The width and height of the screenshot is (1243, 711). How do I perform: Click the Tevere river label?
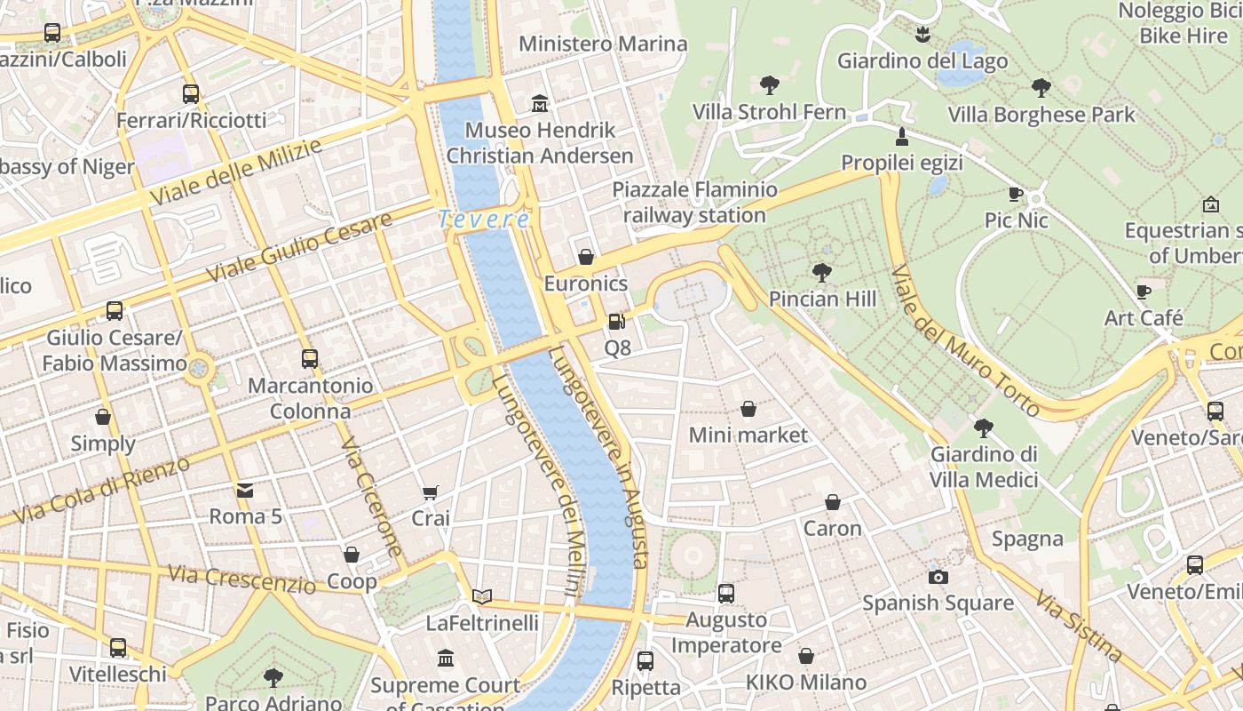tap(484, 219)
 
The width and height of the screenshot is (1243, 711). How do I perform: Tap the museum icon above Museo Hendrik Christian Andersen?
tap(539, 104)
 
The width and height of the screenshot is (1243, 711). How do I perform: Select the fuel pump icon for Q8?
tap(616, 322)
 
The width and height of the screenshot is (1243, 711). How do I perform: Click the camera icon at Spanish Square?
tap(938, 577)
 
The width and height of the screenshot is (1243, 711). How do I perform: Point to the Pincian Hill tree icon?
tap(822, 273)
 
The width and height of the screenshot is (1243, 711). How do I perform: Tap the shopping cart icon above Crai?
tap(431, 492)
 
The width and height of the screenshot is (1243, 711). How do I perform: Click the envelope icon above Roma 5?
tap(245, 490)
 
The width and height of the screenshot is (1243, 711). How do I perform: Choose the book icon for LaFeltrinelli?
tap(482, 596)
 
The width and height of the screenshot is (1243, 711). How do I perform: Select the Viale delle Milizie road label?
tap(234, 171)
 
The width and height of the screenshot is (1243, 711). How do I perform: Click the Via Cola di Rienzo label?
tap(102, 489)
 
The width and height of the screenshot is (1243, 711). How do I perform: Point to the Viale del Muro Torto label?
tap(964, 340)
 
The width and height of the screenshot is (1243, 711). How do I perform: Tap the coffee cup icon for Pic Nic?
tap(1016, 194)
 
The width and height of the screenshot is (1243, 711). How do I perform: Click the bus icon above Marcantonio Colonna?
tap(309, 359)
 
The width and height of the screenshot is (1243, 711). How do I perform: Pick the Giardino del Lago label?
tap(922, 61)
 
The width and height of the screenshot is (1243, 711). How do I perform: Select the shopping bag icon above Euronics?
tap(586, 258)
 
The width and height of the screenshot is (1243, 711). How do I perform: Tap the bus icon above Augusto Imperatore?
tap(725, 593)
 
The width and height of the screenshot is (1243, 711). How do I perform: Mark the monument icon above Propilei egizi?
tap(902, 137)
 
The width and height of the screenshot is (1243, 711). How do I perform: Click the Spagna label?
tap(1027, 539)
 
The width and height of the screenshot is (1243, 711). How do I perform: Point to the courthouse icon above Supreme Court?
tap(446, 659)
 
